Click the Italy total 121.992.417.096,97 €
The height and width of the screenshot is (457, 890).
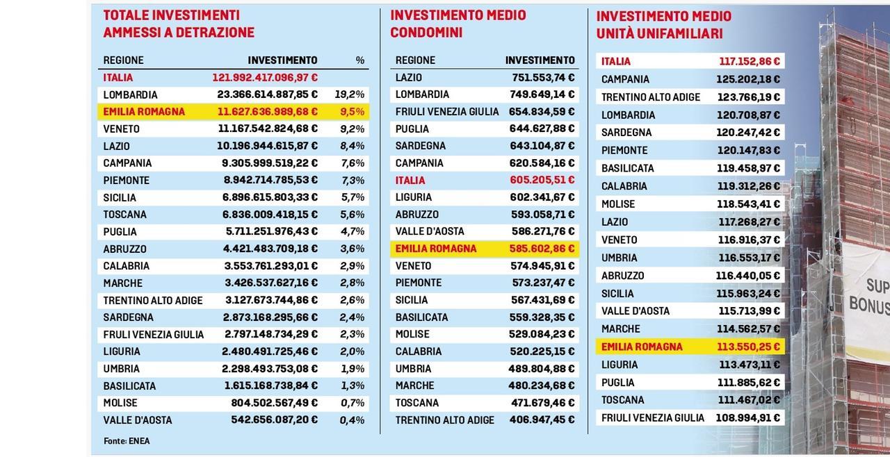(265, 78)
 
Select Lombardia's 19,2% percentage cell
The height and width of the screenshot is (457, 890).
(350, 94)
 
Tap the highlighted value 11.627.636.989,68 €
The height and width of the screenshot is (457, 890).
(268, 112)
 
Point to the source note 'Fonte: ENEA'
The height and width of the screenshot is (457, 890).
(127, 441)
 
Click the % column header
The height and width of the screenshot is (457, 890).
(359, 60)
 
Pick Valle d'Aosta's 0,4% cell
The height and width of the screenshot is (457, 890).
(352, 420)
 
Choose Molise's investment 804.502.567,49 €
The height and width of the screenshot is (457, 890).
(274, 403)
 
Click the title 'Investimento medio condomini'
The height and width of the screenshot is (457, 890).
(458, 24)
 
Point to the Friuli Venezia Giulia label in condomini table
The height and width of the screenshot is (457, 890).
(447, 112)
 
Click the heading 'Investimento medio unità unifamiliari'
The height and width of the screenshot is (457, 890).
(663, 25)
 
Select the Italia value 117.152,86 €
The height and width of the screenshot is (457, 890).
(749, 61)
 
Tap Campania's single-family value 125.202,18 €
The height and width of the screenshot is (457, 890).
(748, 79)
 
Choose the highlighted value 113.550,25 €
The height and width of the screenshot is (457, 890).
(749, 347)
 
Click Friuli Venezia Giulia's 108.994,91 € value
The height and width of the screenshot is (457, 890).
(748, 418)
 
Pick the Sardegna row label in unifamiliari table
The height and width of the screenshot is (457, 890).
(626, 133)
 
